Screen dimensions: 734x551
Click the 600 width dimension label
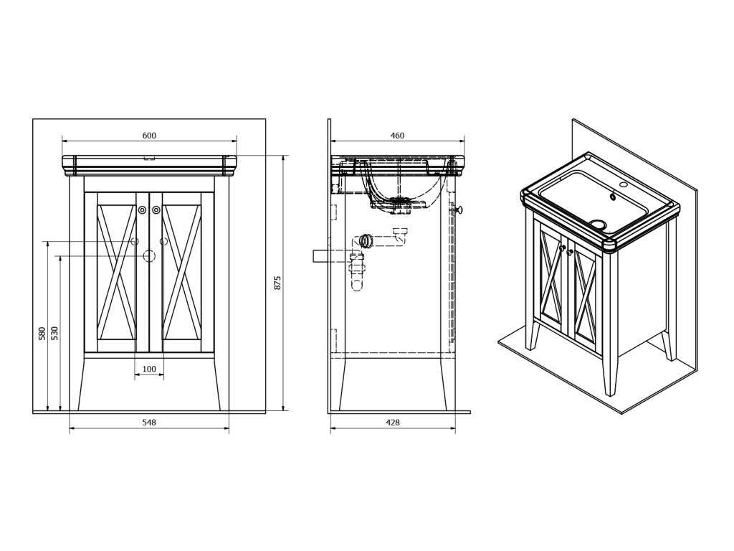click(149, 136)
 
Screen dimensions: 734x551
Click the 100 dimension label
click(149, 369)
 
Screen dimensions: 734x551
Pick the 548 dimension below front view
click(149, 423)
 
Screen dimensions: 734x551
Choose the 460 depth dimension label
click(397, 136)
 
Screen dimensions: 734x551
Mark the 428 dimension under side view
click(393, 423)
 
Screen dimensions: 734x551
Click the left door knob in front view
click(143, 210)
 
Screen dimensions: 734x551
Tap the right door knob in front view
click(156, 210)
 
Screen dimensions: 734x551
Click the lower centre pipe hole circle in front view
click(150, 255)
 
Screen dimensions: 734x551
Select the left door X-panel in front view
click(116, 273)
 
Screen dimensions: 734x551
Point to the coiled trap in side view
click(366, 240)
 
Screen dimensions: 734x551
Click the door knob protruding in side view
click(460, 209)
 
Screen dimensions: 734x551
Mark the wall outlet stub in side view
click(320, 256)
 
